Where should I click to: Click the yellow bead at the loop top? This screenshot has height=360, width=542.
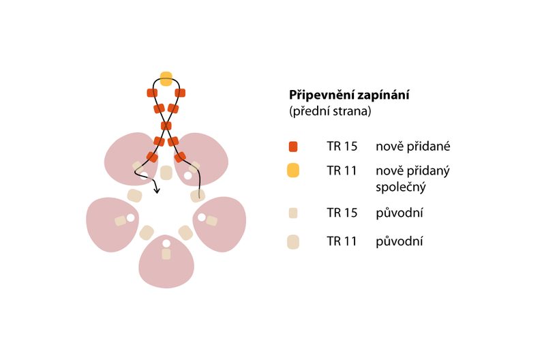[x=166, y=78]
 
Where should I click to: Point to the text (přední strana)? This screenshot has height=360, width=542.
[x=330, y=111]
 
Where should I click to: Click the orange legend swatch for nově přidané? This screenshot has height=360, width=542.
[x=293, y=146]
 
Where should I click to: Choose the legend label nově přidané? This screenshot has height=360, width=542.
[x=412, y=146]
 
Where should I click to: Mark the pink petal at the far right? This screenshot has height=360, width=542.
[x=221, y=225]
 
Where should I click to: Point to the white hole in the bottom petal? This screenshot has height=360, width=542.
[x=166, y=243]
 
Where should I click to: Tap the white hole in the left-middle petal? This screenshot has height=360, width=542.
[x=130, y=218]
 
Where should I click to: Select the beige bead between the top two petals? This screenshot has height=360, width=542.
[x=166, y=172]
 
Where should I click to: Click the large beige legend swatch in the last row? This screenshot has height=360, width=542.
[x=293, y=241]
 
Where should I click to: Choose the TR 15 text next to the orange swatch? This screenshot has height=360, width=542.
[x=342, y=146]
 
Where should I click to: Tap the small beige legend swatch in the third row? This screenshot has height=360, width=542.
[x=293, y=213]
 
